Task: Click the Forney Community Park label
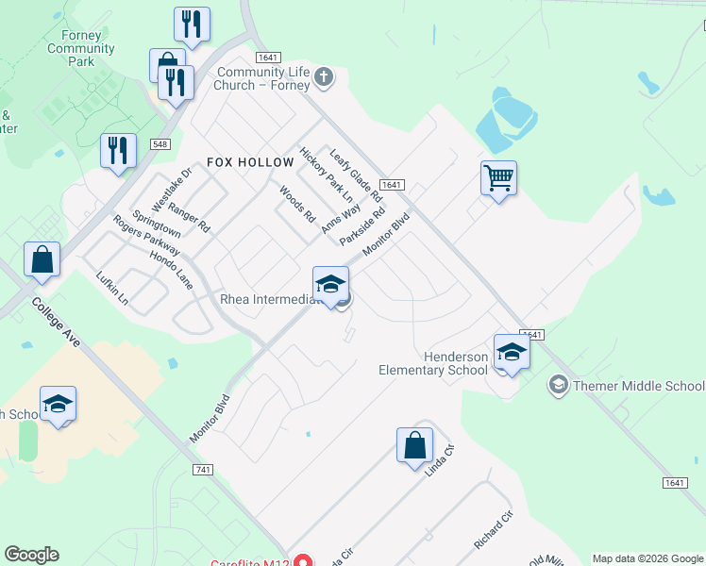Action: pyautogui.click(x=80, y=48)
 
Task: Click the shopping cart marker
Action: pyautogui.click(x=498, y=177)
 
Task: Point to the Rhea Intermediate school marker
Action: pyautogui.click(x=330, y=283)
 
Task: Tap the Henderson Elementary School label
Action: pyautogui.click(x=433, y=363)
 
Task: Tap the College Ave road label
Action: pyautogui.click(x=56, y=323)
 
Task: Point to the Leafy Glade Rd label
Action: pyautogui.click(x=355, y=175)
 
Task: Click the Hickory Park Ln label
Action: pyautogui.click(x=326, y=175)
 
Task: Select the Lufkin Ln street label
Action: pyautogui.click(x=111, y=287)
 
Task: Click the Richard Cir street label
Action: pyautogui.click(x=493, y=532)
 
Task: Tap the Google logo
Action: pyautogui.click(x=31, y=555)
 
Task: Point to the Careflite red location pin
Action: pyautogui.click(x=302, y=560)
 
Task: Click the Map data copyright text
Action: pyautogui.click(x=647, y=558)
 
